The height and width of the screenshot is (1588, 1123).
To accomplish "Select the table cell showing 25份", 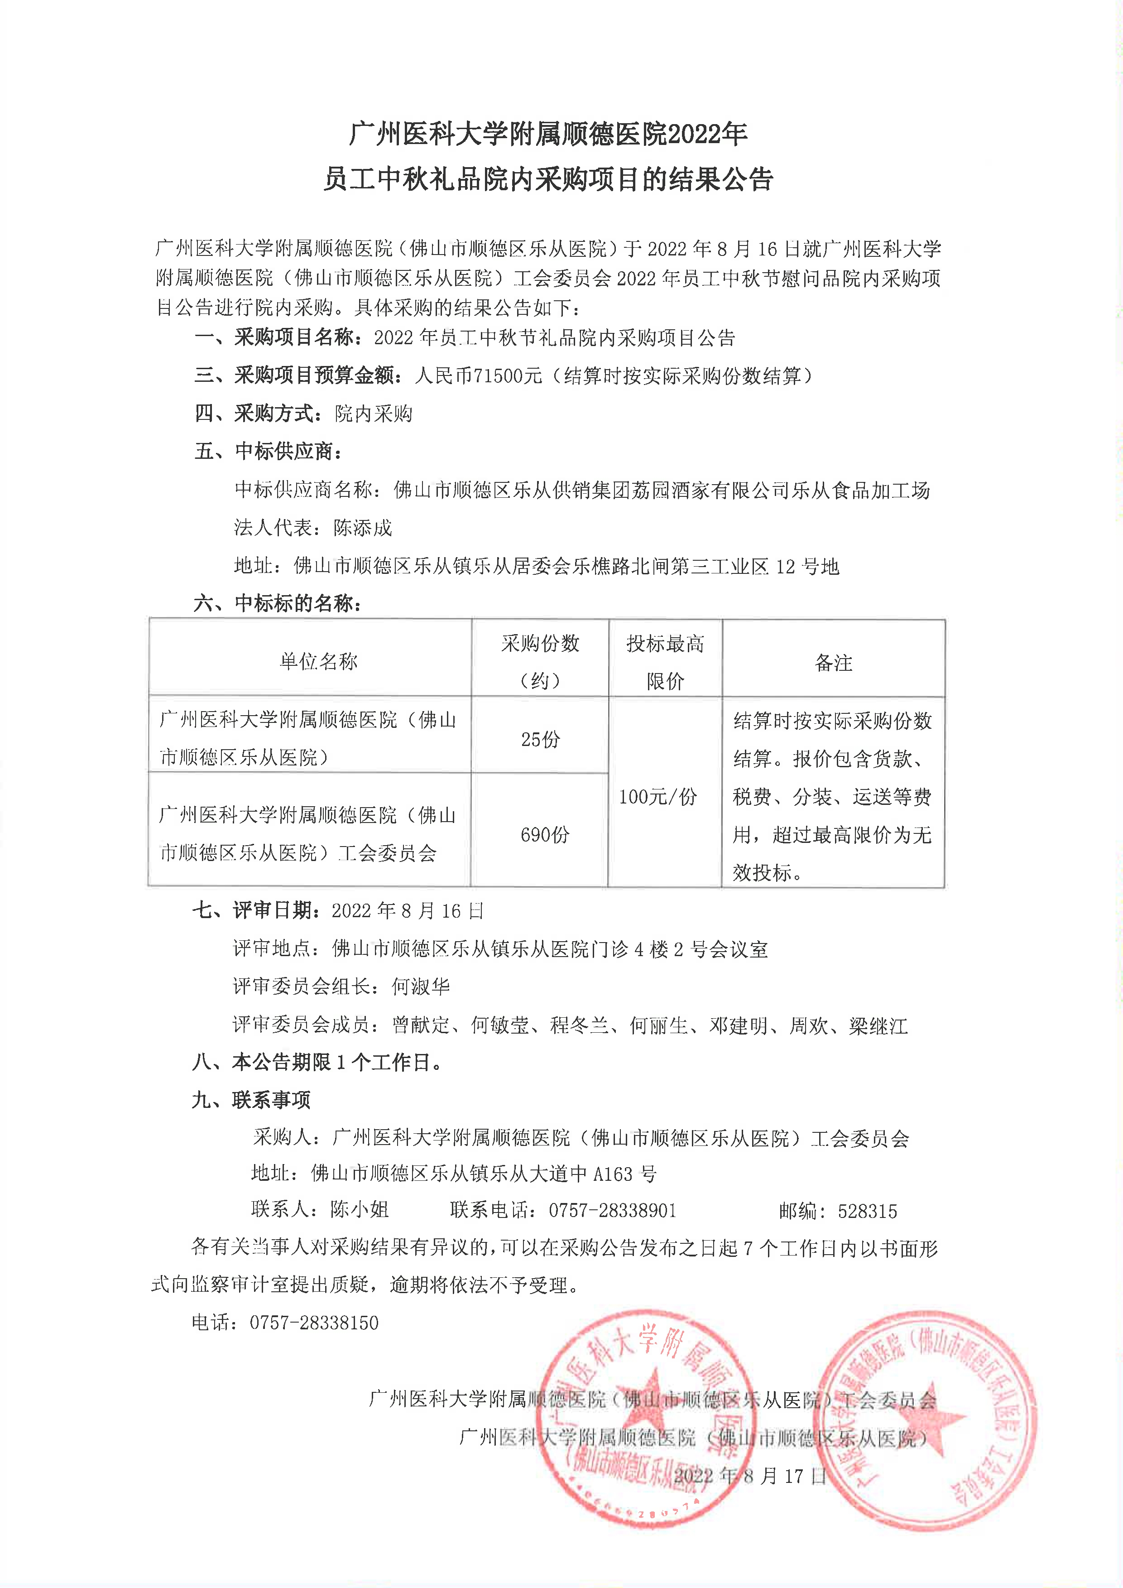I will point(540,739).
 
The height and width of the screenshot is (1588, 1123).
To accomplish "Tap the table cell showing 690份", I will point(544,834).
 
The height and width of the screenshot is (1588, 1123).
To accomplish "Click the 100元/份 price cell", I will point(657,796).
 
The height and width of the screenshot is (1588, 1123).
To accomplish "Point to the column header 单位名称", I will point(318,662).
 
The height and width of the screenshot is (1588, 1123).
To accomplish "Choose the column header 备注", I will point(833,663).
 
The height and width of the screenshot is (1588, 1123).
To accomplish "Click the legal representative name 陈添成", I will point(363,528).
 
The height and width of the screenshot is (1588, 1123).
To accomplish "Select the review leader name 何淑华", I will point(420,987).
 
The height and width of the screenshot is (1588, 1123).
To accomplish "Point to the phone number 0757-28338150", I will point(314,1323).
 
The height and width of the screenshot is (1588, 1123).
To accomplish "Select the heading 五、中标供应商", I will point(269,452).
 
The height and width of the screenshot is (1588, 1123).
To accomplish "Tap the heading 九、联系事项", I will point(252,1100).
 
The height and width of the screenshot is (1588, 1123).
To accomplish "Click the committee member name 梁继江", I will point(878,1026).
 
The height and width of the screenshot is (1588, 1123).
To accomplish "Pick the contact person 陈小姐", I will point(360,1209).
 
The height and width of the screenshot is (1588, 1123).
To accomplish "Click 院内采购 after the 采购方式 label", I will point(374,414).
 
